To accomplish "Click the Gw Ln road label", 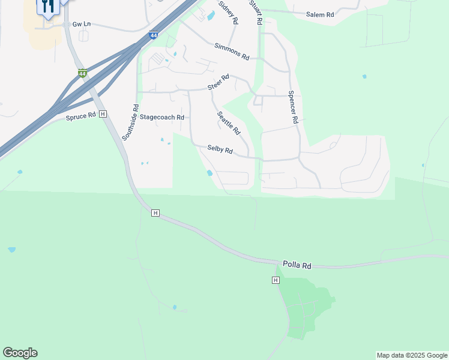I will coord(81,24).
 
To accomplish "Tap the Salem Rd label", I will coord(319,14).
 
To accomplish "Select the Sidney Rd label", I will coord(228,12).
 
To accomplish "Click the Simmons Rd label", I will coord(231,51).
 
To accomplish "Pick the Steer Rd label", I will coord(218,83).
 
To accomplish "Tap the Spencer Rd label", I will coord(293,107).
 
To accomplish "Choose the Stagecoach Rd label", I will coord(161,118).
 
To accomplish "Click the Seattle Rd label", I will coord(229,123).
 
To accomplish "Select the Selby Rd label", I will coord(220,149).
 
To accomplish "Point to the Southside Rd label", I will coord(130,123).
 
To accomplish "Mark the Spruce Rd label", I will coord(82,115).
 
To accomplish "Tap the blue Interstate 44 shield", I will coord(154,35).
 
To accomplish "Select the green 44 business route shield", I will coord(82,74).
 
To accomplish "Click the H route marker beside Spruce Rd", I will coord(103,114).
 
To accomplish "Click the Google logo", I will coord(20,353).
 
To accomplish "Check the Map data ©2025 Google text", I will coord(411,355).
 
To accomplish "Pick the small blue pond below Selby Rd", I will coord(209,173).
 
